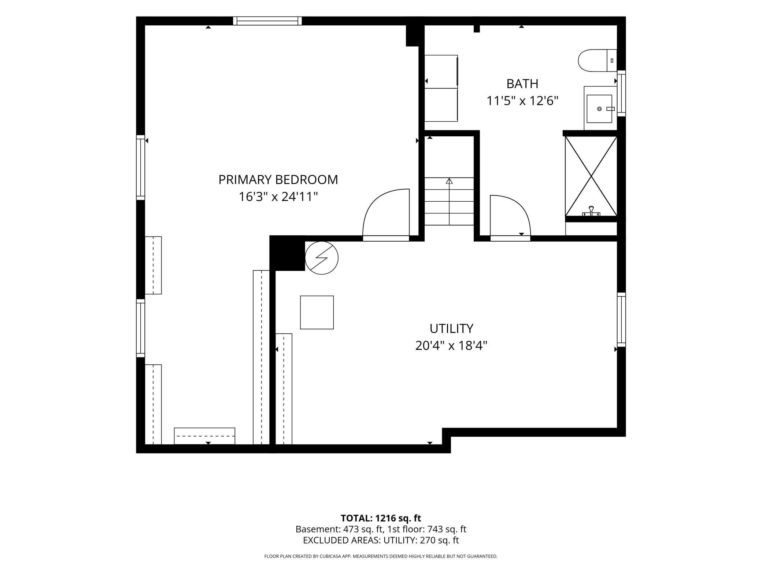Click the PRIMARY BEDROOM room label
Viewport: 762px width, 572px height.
pyautogui.click(x=278, y=180)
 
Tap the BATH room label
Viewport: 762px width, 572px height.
pyautogui.click(x=522, y=84)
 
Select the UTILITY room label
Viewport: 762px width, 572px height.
pyautogui.click(x=451, y=329)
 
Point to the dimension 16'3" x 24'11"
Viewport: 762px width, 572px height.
pyautogui.click(x=278, y=197)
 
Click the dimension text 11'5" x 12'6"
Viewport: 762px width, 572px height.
pyautogui.click(x=522, y=101)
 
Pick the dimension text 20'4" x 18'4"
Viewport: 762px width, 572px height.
pyautogui.click(x=451, y=346)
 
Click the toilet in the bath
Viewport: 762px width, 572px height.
pyautogui.click(x=598, y=60)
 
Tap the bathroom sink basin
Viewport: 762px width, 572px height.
pyautogui.click(x=599, y=109)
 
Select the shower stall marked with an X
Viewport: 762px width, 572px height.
pyautogui.click(x=591, y=176)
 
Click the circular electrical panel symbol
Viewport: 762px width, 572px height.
pyautogui.click(x=322, y=258)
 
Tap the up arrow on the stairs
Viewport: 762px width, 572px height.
pyautogui.click(x=449, y=201)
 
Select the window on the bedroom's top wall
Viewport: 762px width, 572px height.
pyautogui.click(x=267, y=21)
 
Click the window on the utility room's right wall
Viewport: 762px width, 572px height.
pyautogui.click(x=621, y=319)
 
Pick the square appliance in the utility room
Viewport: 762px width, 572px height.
pyautogui.click(x=317, y=312)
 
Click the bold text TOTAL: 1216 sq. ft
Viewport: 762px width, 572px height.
pyautogui.click(x=381, y=518)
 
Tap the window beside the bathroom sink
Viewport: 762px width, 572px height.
pyautogui.click(x=621, y=93)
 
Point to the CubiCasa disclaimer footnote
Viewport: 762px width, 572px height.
pyautogui.click(x=381, y=556)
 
